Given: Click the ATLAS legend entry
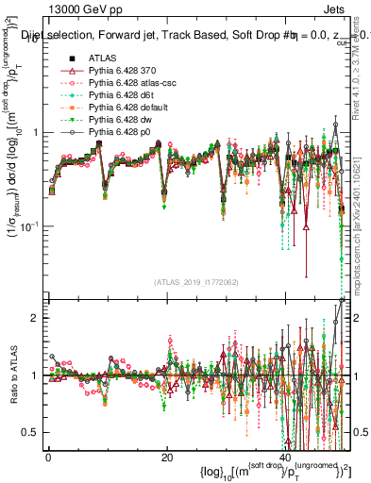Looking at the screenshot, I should (102, 59).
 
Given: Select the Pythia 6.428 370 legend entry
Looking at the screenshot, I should (124, 72).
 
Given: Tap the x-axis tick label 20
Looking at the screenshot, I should (166, 457).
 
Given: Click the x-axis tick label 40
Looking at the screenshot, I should (284, 457).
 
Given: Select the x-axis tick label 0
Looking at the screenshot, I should (48, 457).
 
